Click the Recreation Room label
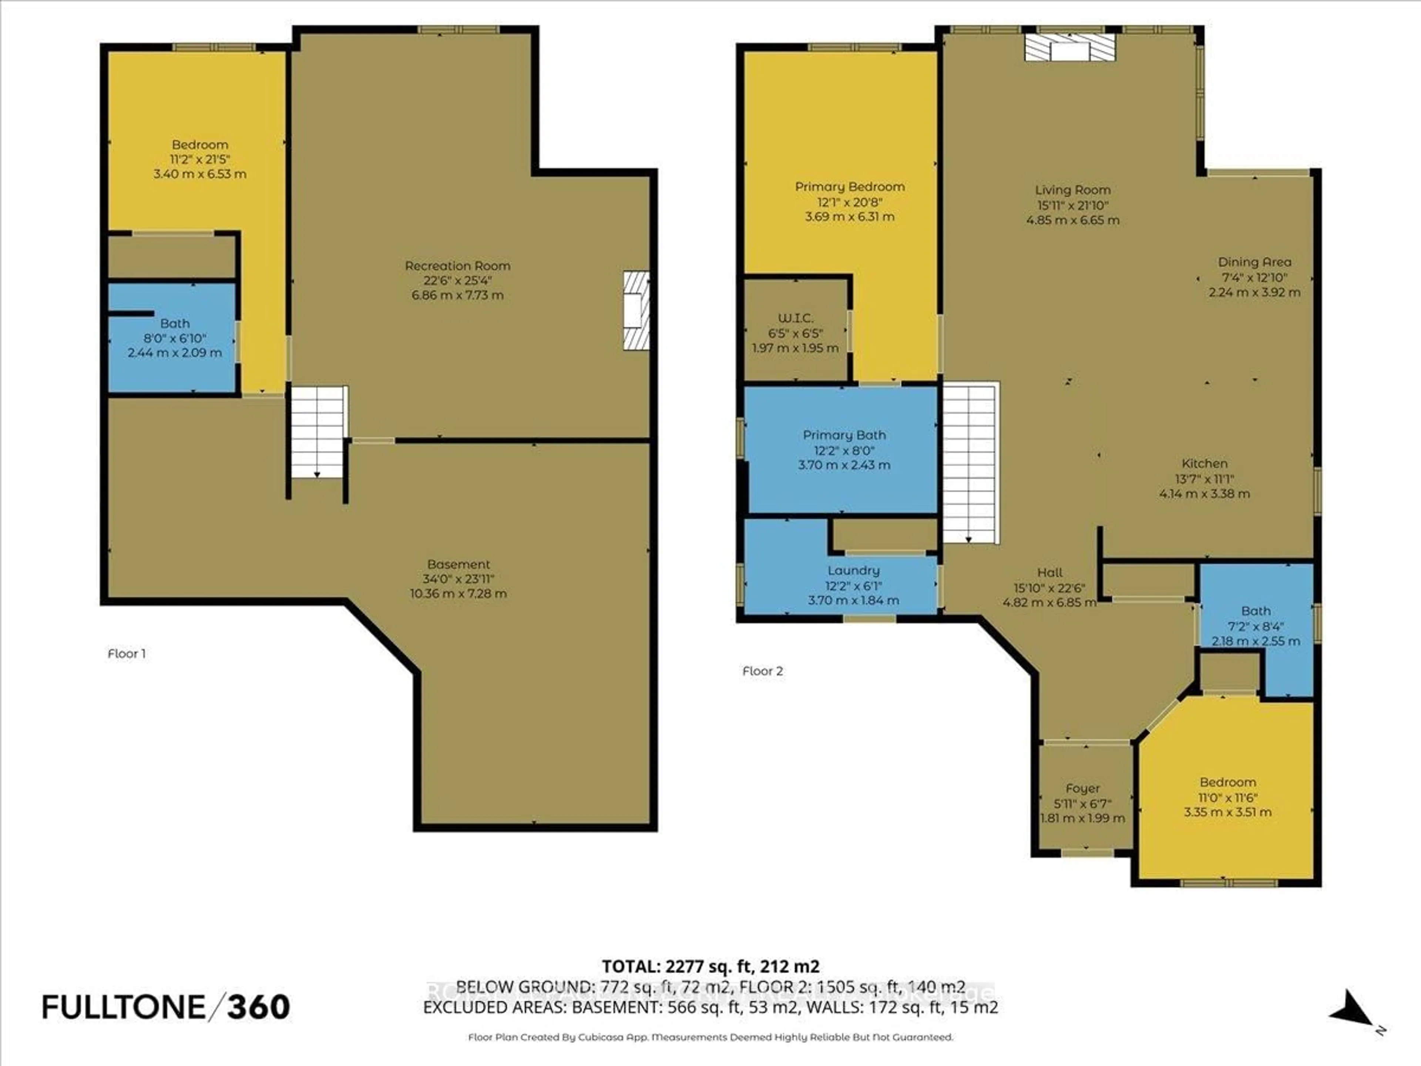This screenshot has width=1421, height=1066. (457, 265)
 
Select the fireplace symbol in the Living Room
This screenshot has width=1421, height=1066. (1069, 47)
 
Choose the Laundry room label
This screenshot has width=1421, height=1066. (853, 570)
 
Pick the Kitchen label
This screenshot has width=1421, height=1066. (1205, 463)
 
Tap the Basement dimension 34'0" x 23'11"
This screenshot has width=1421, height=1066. (458, 578)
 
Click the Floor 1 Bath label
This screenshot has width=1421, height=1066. (175, 323)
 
